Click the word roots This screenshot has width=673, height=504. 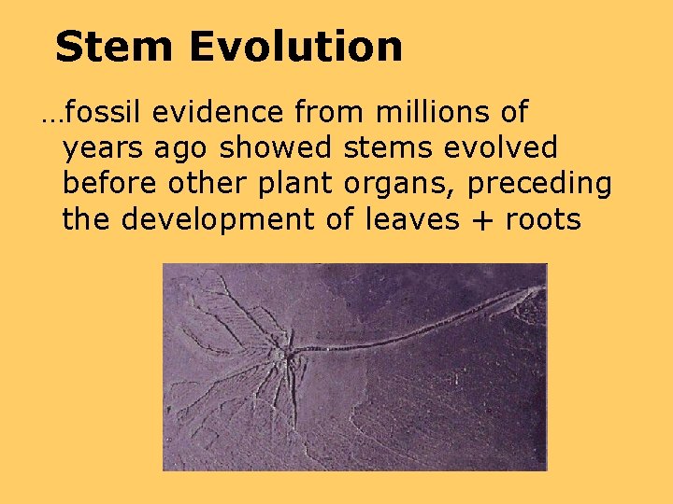[543, 221]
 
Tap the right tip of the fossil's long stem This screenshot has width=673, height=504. [539, 288]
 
